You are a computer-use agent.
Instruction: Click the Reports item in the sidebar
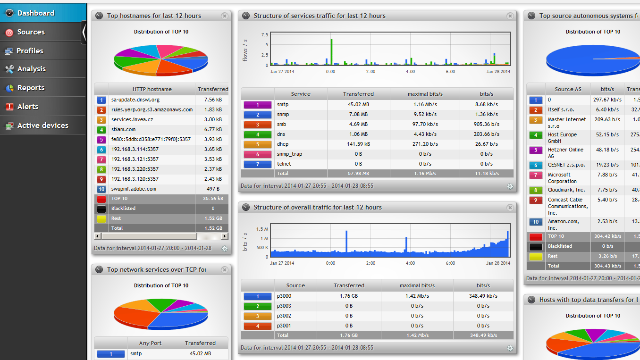31,88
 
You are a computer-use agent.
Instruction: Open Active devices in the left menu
42,126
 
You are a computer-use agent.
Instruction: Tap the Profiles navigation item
30,51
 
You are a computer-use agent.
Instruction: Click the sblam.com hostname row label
123,129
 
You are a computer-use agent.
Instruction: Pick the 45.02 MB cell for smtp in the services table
358,104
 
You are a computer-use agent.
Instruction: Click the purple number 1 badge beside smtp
257,105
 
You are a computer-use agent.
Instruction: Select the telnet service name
284,164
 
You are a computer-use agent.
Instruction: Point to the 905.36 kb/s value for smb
486,124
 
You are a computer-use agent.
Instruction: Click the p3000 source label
285,296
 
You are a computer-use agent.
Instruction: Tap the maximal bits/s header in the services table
425,94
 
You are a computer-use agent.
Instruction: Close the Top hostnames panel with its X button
225,16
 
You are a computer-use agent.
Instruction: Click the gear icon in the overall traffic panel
510,348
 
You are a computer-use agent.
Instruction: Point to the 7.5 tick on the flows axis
264,35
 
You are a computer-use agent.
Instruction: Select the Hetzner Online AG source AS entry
565,153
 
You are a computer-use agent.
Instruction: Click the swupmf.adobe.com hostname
134,189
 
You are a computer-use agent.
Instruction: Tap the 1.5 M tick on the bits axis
262,229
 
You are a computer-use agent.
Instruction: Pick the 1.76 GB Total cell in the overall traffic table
349,335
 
